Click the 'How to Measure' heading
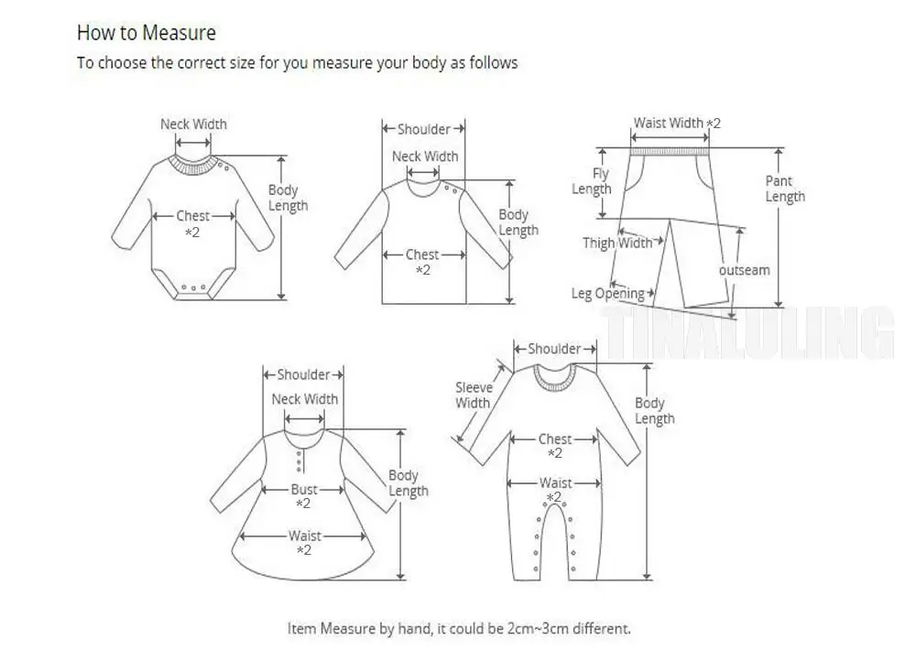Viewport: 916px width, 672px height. pos(146,33)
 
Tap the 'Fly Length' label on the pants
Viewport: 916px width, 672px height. pos(592,181)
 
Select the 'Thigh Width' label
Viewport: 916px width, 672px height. pos(618,244)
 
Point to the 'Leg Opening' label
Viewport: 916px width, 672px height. pos(608,294)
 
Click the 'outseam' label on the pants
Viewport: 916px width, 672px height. pos(744,270)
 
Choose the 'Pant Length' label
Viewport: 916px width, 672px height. pos(785,189)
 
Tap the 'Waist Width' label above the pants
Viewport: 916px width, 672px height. pos(669,123)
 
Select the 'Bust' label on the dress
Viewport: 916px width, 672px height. pos(304,490)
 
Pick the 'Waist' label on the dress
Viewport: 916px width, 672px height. pos(304,537)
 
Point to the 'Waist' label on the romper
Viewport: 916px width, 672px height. pos(555,482)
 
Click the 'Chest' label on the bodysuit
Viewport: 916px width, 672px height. pos(193,216)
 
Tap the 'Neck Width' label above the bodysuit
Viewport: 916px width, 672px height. pos(193,125)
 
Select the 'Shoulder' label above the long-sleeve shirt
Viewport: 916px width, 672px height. pos(423,129)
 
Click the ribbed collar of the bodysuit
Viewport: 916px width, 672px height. pos(194,165)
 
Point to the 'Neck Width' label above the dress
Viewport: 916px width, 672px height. pos(304,399)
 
